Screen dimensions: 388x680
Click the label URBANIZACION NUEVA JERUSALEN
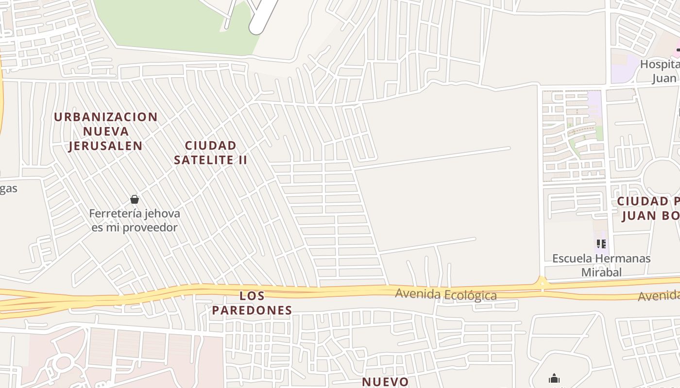point(105,131)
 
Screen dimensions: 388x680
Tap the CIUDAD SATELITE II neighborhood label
point(211,152)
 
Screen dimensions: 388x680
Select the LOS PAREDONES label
point(252,303)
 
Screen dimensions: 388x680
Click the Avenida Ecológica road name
point(446,294)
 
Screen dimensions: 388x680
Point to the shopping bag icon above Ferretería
point(135,199)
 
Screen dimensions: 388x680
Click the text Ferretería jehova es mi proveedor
point(135,220)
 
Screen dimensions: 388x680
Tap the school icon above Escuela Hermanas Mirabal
point(601,243)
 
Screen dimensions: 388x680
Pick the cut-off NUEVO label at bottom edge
point(386,382)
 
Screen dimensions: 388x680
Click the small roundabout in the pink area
point(63,362)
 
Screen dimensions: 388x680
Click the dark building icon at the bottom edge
point(554,379)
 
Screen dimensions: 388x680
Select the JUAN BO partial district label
point(651,215)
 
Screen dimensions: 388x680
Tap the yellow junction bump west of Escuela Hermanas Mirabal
point(542,282)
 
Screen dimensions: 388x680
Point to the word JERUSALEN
point(105,145)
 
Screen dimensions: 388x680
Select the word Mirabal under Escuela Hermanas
point(601,272)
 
